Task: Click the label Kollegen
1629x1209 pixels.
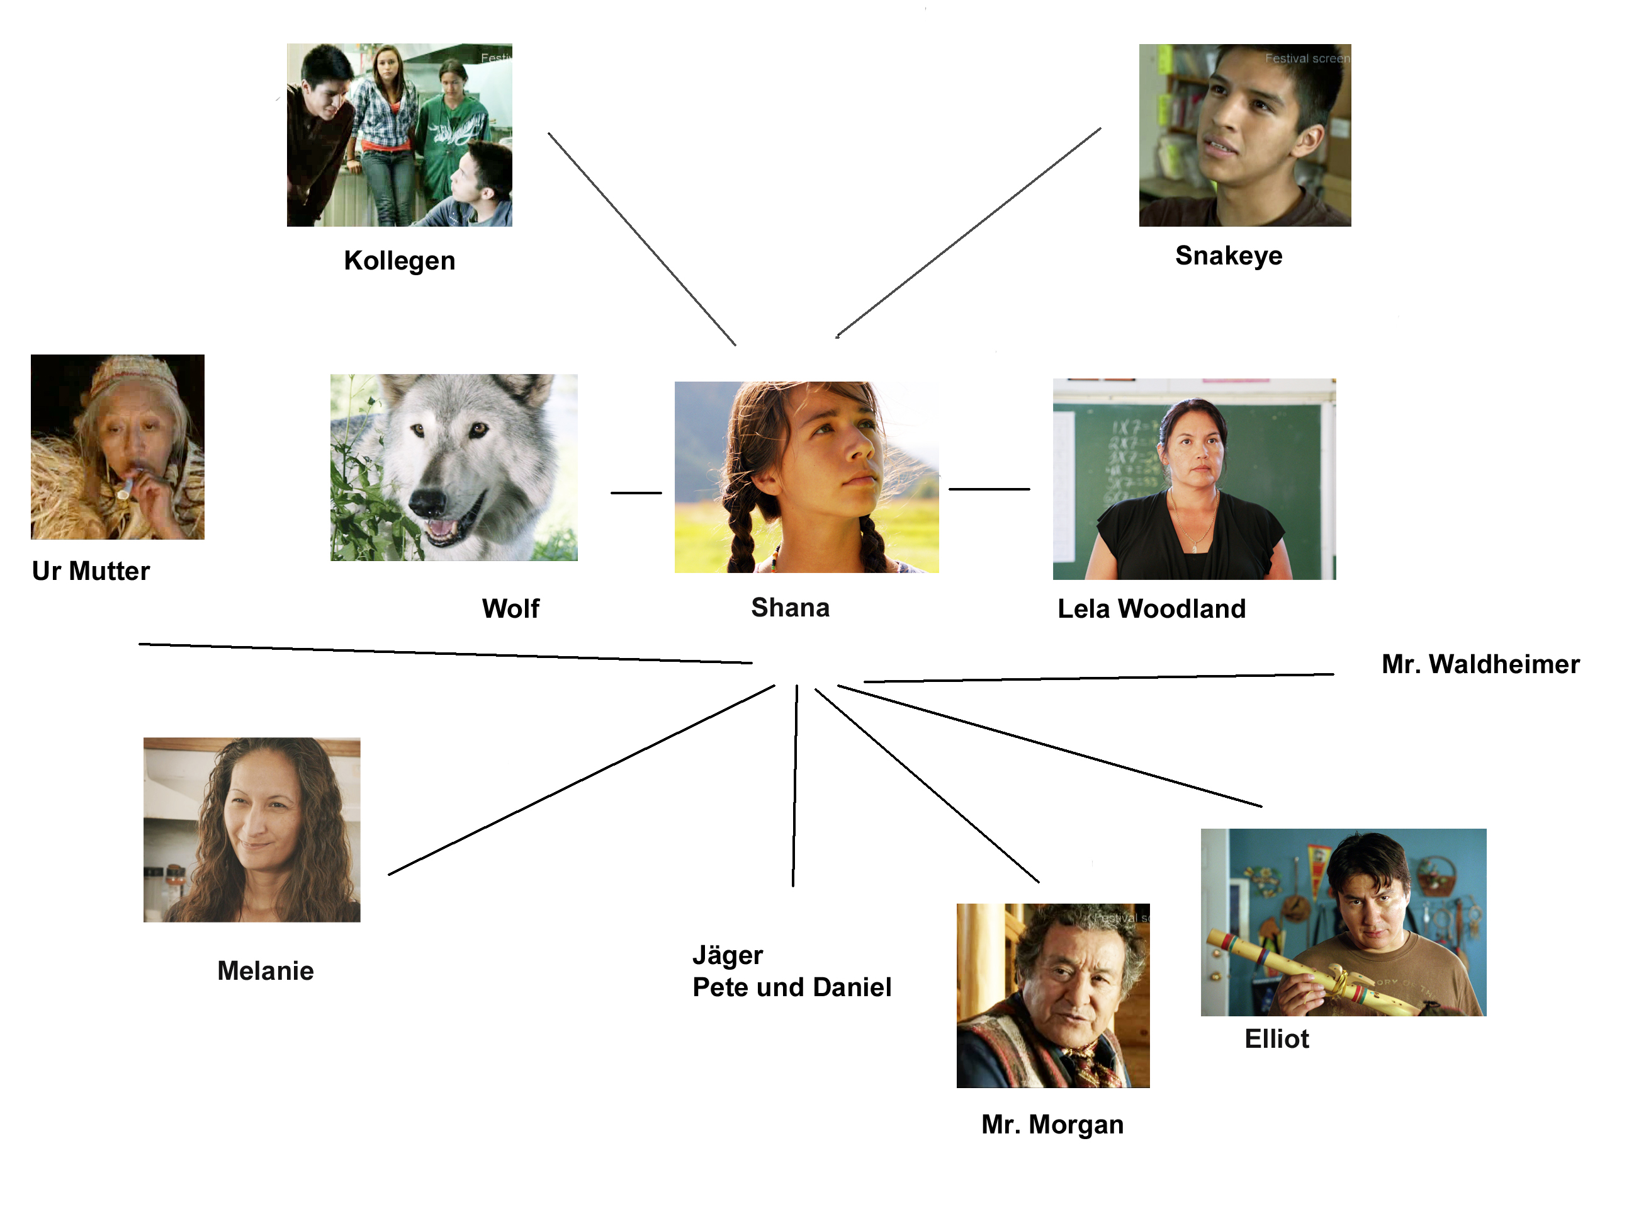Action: coord(400,261)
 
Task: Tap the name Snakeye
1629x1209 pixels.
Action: coord(1228,256)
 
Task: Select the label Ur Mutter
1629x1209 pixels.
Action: coord(91,571)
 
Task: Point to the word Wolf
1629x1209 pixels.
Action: coord(510,608)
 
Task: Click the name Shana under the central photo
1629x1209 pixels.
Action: coord(790,608)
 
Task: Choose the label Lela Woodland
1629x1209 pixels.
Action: coord(1151,608)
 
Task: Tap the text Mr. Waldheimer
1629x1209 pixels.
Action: coord(1480,664)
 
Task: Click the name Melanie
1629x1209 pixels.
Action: coord(266,970)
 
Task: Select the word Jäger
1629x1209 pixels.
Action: coord(727,955)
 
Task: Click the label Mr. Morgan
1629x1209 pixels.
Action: coord(1052,1124)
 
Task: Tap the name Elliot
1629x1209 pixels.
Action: coord(1277,1038)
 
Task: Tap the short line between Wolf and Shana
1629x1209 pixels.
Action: coord(636,492)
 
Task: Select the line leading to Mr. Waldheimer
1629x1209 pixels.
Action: coord(1097,678)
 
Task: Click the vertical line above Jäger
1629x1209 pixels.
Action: coord(794,783)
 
